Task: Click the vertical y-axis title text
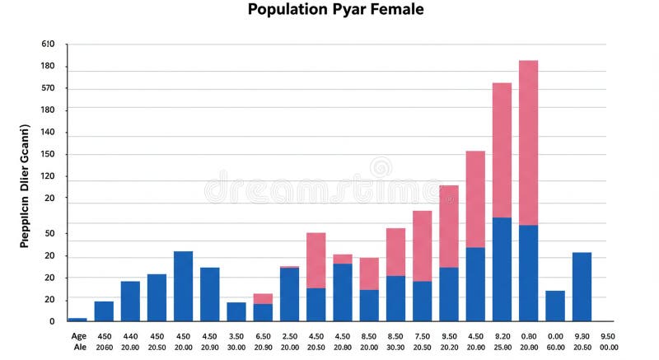point(25,185)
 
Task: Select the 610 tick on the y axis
point(48,44)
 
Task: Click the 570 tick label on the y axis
point(48,88)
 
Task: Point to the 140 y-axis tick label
point(48,132)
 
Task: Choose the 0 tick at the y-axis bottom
point(51,321)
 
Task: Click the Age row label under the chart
point(78,336)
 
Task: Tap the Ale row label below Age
point(78,348)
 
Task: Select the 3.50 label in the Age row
point(236,336)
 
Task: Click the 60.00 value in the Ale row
point(556,348)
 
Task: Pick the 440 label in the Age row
point(130,336)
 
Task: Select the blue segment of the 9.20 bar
point(502,269)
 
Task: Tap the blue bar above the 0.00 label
point(555,306)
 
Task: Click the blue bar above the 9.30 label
point(582,287)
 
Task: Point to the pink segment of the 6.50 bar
point(263,298)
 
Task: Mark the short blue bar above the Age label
point(77,319)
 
